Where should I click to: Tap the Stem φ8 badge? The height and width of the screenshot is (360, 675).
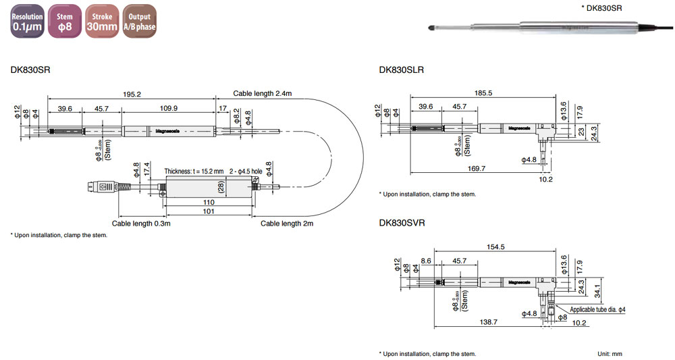[65, 22]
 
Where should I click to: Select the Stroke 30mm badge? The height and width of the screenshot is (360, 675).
[102, 22]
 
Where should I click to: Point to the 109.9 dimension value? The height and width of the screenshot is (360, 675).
[167, 108]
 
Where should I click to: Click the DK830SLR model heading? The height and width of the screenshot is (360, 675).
[402, 70]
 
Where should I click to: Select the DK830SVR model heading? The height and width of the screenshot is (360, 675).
[402, 222]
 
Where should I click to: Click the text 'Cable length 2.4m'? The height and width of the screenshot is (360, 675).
[263, 94]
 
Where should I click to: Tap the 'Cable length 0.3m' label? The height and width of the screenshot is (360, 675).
[140, 223]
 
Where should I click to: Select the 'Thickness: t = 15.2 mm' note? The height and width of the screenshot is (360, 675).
[194, 172]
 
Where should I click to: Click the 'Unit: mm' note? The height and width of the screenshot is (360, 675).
[610, 354]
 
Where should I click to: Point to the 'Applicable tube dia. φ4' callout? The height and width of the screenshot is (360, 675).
[598, 309]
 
